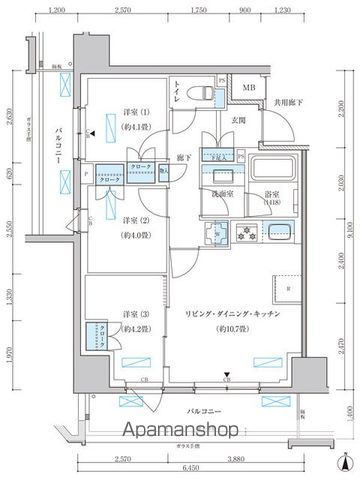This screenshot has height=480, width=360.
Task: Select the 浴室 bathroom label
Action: (270, 197)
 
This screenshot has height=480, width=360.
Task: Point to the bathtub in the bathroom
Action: (269, 169)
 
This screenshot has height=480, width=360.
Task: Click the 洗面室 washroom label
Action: (222, 197)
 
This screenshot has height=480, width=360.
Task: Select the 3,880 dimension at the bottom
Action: (238, 457)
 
